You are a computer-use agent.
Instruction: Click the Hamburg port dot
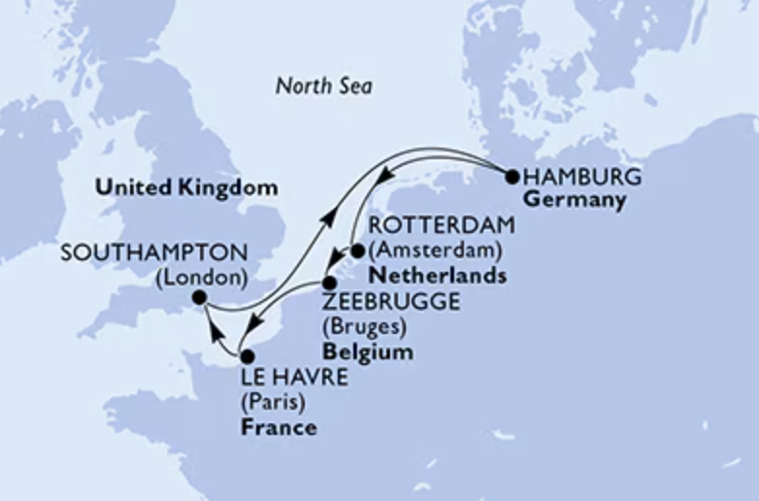[511, 177]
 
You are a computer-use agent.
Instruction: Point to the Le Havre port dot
[247, 356]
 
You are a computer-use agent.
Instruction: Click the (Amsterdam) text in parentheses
[435, 251]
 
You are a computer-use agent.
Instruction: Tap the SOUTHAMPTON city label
[153, 252]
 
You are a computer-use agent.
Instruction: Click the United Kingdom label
[185, 187]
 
